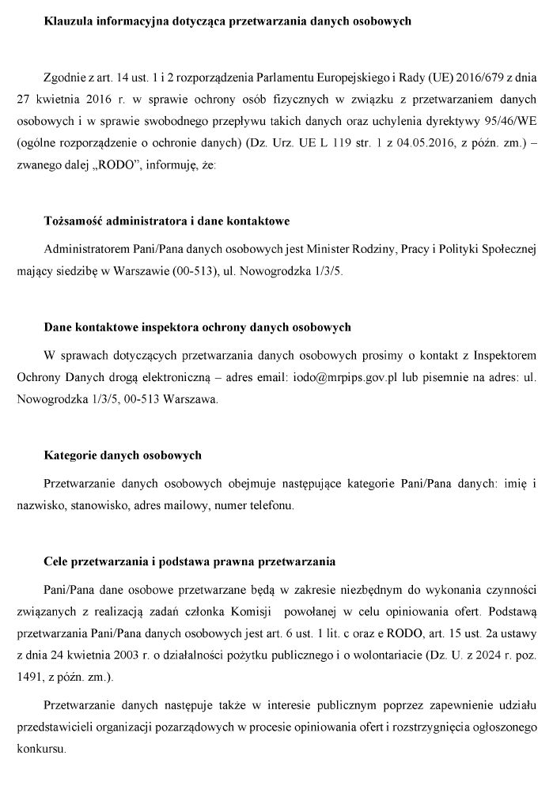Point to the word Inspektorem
pyautogui.click(x=506, y=356)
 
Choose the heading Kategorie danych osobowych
pyautogui.click(x=123, y=455)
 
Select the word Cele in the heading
pyautogui.click(x=55, y=562)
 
